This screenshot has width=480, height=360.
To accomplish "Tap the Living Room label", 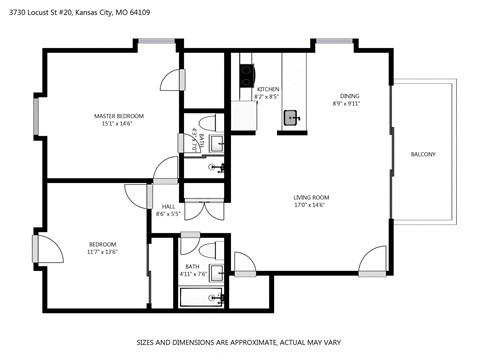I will [311, 197].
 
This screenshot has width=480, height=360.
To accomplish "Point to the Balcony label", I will [422, 153].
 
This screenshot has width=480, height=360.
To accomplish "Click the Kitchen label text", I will [268, 90].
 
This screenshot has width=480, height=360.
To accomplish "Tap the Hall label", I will [168, 206].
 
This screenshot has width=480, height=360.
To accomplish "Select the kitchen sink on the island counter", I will [291, 117].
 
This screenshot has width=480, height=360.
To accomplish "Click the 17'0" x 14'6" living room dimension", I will [311, 205].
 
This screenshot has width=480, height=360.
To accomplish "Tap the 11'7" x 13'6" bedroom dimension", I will [102, 252].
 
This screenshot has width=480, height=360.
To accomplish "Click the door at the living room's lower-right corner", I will [372, 259].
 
